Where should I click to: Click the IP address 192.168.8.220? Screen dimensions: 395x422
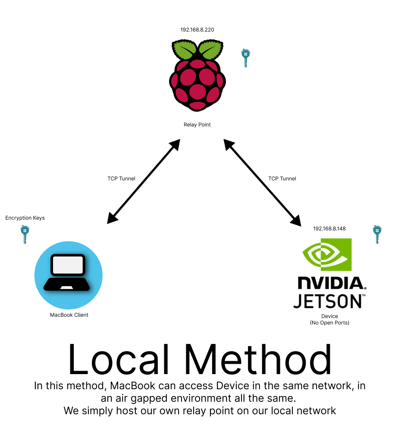point(197,30)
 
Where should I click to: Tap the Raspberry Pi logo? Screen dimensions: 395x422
point(197,76)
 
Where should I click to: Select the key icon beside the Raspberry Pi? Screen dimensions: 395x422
point(245,58)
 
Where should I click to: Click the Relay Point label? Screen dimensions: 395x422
point(197,125)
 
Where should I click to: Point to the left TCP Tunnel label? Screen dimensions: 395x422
point(121,179)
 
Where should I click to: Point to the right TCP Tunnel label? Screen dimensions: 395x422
point(282,179)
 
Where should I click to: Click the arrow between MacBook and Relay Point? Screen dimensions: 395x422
point(144,181)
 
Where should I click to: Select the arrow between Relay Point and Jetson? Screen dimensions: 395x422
point(263,183)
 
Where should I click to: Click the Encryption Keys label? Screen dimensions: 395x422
point(25,218)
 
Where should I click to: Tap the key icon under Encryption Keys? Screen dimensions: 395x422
point(25,235)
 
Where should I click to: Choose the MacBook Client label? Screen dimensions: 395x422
point(69,315)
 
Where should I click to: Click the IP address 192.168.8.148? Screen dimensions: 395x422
point(329,229)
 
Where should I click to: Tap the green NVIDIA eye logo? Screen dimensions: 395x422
point(327,254)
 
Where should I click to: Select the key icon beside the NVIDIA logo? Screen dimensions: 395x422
point(377,235)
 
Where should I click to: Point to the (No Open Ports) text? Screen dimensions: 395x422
point(329,323)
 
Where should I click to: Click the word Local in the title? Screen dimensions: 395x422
point(119,359)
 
